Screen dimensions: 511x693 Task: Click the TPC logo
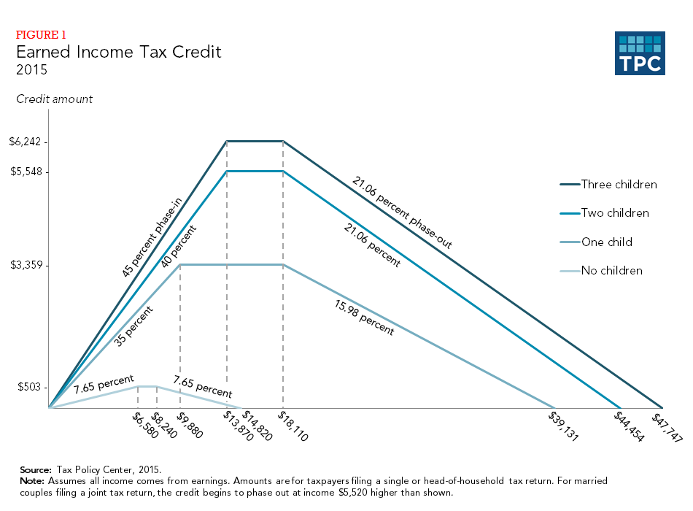coord(640,53)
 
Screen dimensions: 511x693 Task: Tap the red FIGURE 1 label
coord(42,34)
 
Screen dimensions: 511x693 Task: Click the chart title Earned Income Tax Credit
coord(118,53)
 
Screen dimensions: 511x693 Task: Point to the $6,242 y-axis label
coord(24,142)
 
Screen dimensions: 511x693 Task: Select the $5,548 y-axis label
coord(24,172)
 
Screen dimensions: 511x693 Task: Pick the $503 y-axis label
coord(30,387)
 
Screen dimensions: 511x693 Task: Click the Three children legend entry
coord(619,185)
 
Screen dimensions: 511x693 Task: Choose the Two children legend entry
coord(614,213)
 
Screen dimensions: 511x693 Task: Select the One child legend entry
coord(606,242)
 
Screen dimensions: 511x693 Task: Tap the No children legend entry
coord(611,271)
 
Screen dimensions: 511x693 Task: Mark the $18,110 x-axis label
coord(292,426)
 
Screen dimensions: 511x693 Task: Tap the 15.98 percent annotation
coord(363,318)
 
